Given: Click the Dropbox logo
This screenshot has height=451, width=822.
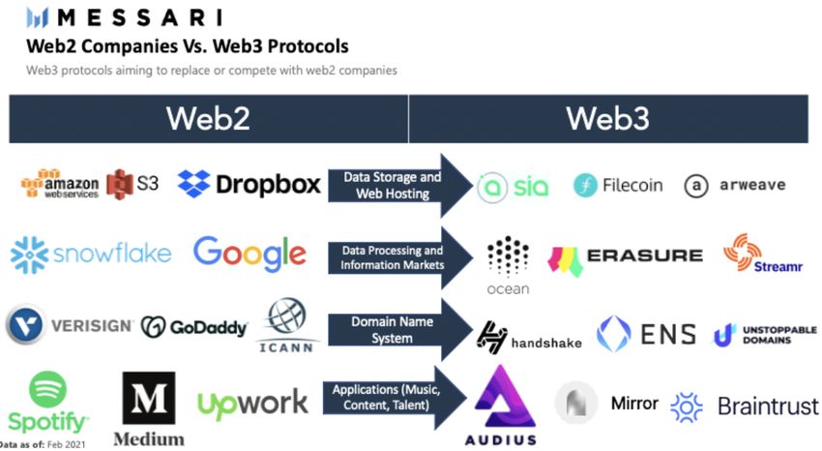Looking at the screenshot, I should [x=250, y=183].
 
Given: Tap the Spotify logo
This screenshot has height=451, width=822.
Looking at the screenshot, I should [x=47, y=403].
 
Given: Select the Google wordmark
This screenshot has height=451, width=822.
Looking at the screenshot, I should [x=250, y=254].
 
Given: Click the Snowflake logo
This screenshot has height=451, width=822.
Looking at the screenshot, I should [x=90, y=255].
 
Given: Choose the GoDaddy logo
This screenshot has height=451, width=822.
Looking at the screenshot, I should [x=193, y=326].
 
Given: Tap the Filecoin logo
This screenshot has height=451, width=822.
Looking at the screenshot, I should [x=618, y=185].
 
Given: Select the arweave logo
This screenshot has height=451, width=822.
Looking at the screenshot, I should [x=735, y=185].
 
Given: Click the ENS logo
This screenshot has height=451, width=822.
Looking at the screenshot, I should [x=645, y=335].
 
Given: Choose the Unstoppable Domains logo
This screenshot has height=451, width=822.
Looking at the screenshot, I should [x=765, y=335].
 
